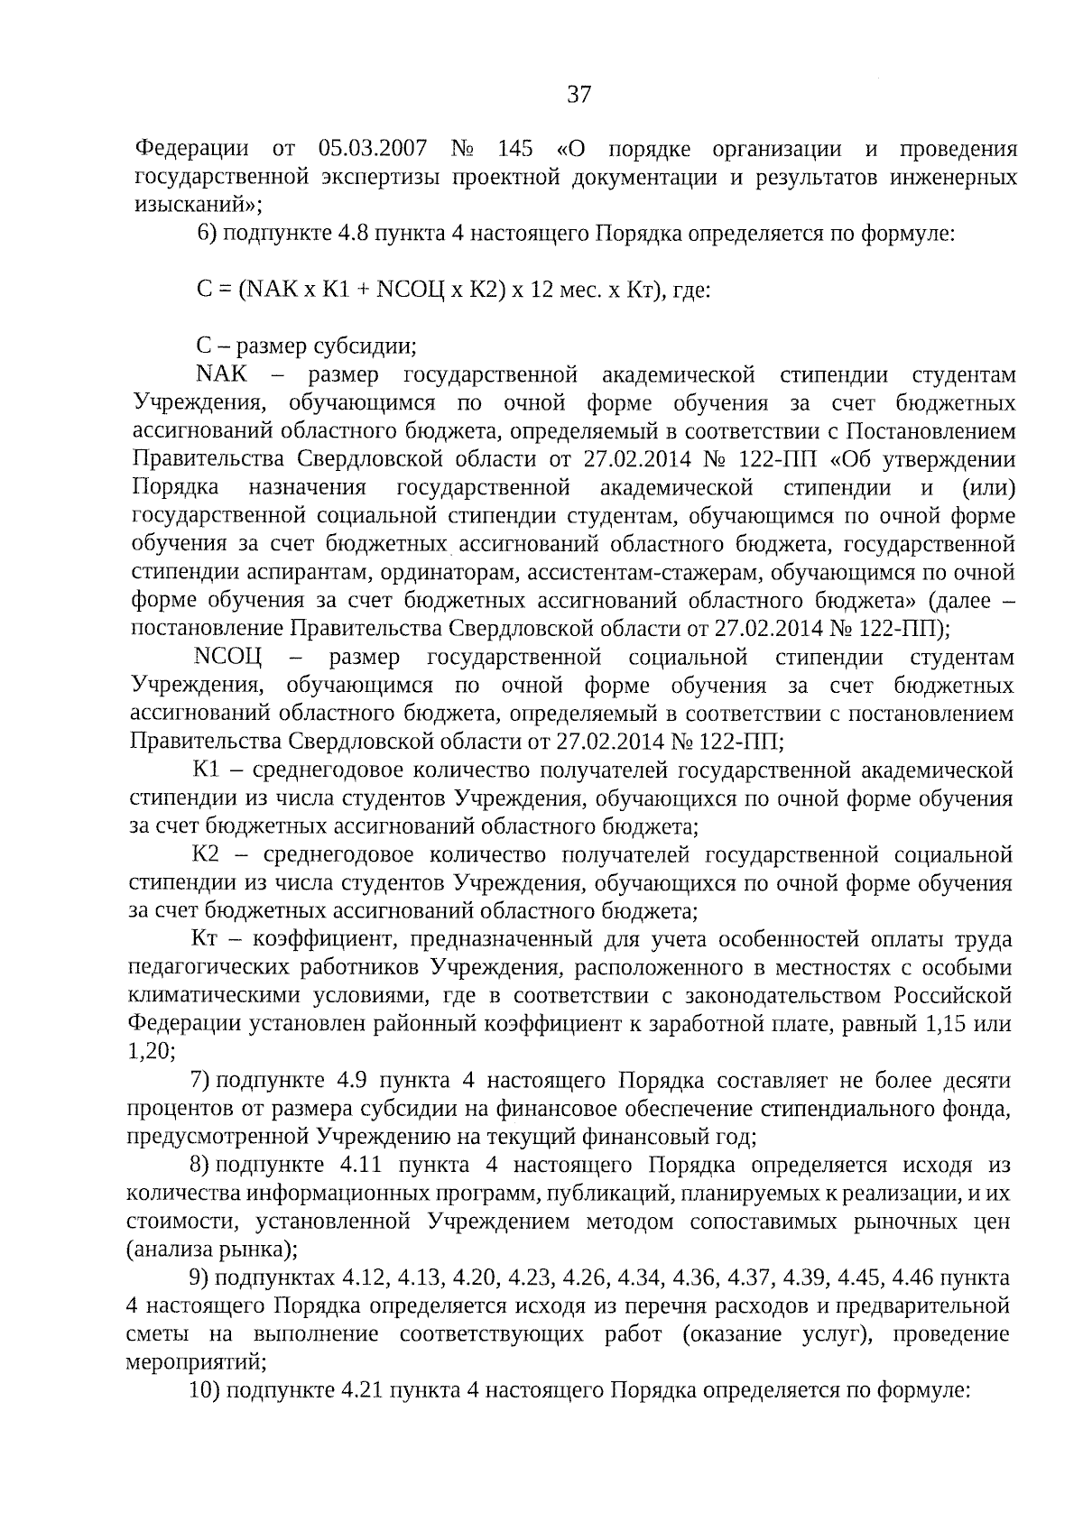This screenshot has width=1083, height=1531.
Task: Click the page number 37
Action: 579,95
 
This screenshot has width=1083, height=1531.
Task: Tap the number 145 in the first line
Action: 514,149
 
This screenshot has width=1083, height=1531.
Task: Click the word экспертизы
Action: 382,177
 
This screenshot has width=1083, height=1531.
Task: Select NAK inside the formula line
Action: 273,291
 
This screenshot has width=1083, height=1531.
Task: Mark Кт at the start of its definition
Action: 207,940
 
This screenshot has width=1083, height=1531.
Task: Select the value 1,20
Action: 151,1052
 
